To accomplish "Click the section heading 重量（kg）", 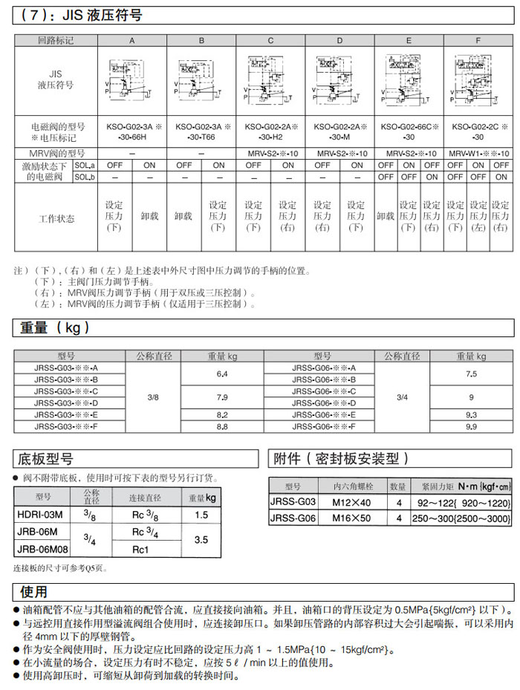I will click(x=52, y=328).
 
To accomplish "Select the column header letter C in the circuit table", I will click(x=270, y=41).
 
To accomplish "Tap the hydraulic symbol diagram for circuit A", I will click(x=132, y=80).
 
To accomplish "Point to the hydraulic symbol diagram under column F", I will click(x=478, y=80).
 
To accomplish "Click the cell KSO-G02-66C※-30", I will click(x=409, y=131).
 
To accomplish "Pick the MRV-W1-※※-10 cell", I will click(x=478, y=153).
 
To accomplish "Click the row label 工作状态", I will click(x=56, y=219).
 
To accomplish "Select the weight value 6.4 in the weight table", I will click(x=221, y=373).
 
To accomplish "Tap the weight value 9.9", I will click(x=471, y=426).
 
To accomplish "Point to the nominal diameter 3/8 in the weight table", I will click(x=153, y=397).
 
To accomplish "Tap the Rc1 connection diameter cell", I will click(x=141, y=550).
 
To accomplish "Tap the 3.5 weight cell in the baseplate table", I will click(x=201, y=541).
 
